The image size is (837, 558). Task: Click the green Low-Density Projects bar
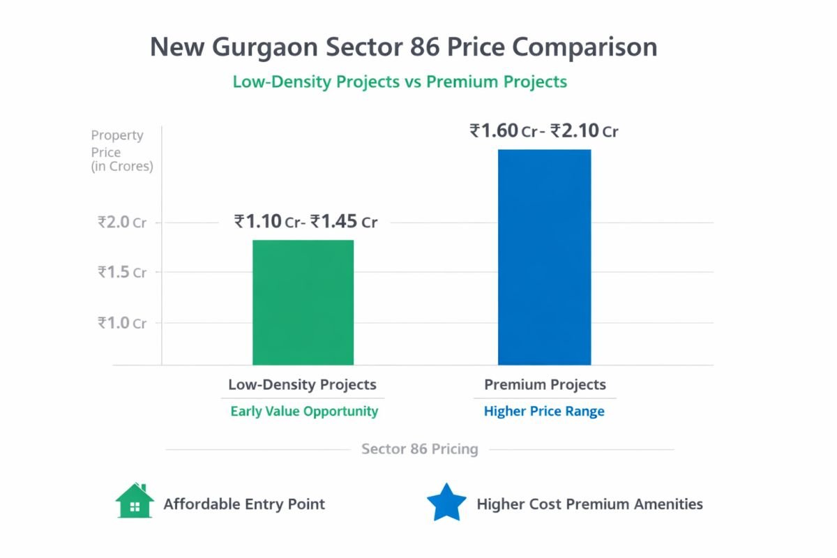303,302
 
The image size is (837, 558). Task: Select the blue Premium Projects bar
544,257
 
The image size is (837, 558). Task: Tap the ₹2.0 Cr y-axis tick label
122,223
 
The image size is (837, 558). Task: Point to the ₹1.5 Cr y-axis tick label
122,272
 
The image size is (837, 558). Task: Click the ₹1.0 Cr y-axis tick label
122,323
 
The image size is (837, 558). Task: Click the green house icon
135,502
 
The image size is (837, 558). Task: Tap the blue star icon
446,503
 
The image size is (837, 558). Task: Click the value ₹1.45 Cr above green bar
344,222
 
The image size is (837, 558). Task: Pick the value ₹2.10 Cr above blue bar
584,131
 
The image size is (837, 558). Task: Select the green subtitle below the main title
400,82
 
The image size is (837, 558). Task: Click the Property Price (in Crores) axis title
121,151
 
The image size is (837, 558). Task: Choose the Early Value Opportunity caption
304,411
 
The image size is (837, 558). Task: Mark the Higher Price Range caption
544,411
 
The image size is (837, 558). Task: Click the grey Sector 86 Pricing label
419,449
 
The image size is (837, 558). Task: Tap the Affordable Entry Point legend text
244,504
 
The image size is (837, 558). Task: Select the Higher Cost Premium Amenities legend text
589,504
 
